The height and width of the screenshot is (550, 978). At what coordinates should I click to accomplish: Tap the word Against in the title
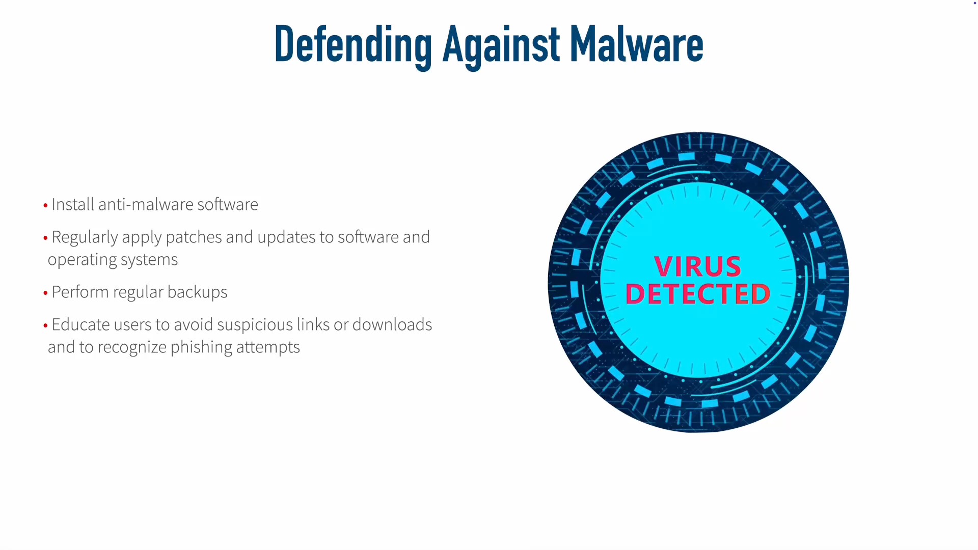coord(501,46)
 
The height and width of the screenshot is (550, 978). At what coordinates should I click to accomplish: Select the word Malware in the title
coord(637,44)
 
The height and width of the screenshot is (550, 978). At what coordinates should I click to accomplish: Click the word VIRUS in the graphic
coord(697,266)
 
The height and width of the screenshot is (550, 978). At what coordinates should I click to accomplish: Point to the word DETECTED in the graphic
coord(698,294)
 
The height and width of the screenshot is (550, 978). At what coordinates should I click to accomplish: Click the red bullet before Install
coord(45,205)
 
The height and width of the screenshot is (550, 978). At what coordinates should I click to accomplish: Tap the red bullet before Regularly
coord(45,238)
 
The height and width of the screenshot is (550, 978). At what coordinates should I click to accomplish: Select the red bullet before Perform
coord(45,293)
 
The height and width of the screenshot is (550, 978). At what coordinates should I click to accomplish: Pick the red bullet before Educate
coord(45,325)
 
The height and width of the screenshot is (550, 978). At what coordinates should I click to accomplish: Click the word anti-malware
coord(146,204)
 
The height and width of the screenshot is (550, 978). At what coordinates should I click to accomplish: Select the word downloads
coord(392,324)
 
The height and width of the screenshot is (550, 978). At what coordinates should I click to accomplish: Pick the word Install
coord(73,204)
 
